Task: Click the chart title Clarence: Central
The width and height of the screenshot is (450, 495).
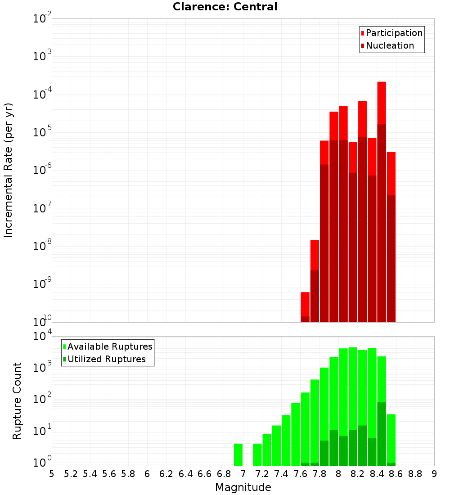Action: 225,7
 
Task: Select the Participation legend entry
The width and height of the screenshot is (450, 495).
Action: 394,33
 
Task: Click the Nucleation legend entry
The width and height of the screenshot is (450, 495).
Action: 390,45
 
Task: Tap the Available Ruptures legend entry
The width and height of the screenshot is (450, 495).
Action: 110,346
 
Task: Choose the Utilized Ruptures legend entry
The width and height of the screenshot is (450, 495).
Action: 106,359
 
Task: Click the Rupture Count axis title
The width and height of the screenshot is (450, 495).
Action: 17,401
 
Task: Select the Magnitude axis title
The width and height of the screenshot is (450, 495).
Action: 243,487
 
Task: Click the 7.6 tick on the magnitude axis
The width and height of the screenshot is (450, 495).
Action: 301,474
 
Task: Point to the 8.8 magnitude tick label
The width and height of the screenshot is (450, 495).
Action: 415,474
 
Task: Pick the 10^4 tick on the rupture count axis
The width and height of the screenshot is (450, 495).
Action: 43,337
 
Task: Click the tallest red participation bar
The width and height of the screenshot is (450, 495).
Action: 382,103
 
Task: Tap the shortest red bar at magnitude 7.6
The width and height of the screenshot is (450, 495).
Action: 305,304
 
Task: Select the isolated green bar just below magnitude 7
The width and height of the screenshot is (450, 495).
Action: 238,454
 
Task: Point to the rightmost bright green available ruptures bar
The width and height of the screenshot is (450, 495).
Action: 391,439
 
